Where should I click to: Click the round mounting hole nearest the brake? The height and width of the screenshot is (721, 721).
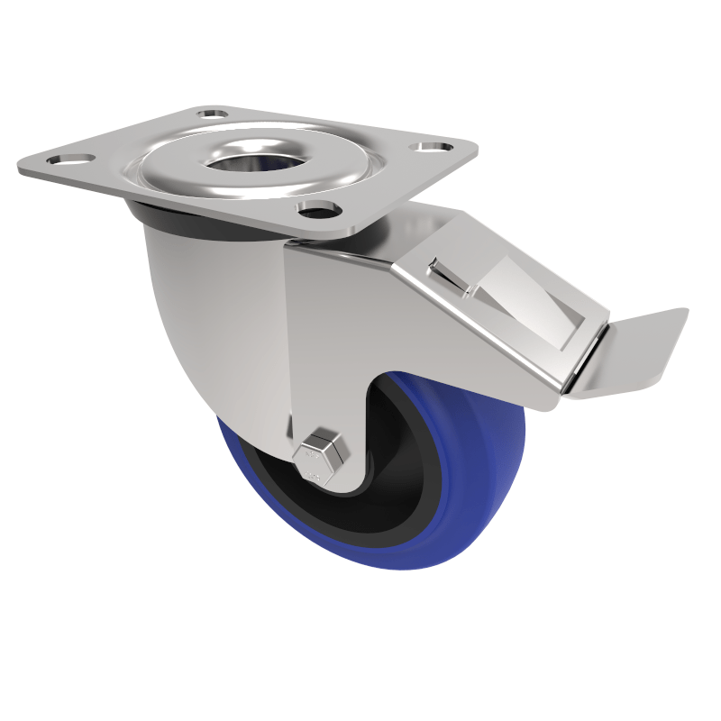(315, 211)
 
